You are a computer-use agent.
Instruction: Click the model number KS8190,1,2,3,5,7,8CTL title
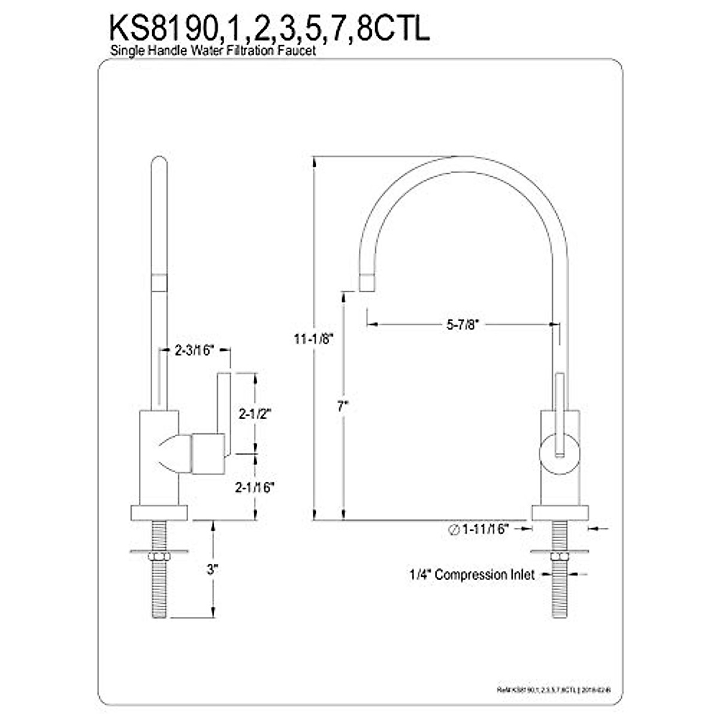click(268, 29)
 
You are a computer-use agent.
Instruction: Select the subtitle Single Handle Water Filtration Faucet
click(213, 52)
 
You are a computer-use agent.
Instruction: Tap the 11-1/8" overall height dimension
click(313, 339)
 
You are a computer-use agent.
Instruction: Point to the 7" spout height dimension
click(342, 406)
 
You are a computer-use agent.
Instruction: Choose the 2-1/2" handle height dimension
click(255, 413)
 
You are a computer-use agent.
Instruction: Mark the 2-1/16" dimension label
click(255, 487)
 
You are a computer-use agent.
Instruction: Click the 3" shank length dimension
click(211, 569)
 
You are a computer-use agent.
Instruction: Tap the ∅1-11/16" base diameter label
click(479, 528)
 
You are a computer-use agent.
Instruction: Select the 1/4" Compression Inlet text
click(472, 575)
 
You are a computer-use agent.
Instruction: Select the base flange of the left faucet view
click(159, 513)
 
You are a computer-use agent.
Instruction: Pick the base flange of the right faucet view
click(560, 513)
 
